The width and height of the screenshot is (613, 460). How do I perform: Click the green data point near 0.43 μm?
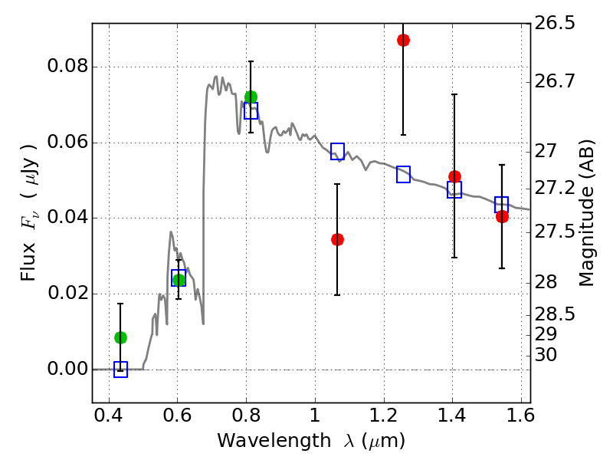click(120, 337)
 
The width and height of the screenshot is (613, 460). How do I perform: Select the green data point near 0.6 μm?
click(179, 280)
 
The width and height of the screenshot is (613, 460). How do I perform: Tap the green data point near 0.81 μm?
click(251, 97)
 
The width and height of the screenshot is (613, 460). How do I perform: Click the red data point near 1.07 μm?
click(337, 239)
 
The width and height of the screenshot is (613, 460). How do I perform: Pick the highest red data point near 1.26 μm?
click(403, 40)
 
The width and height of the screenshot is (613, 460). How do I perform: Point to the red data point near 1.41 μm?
click(454, 176)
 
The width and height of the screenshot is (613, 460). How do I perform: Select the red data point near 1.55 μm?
click(502, 216)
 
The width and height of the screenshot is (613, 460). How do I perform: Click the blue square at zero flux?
click(120, 370)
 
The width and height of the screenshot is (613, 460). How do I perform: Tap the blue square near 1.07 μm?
click(337, 151)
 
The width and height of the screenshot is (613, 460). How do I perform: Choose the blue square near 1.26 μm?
click(403, 174)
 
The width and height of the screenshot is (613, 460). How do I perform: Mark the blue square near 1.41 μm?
click(454, 190)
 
